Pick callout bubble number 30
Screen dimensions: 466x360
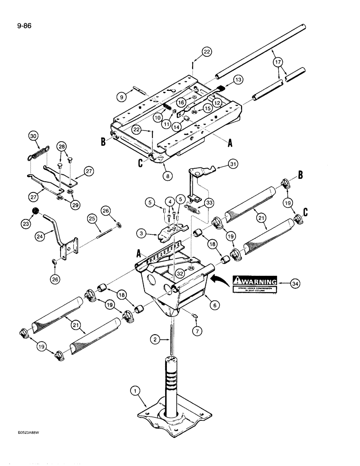click(x=33, y=136)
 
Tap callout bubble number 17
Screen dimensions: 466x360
click(x=277, y=62)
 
